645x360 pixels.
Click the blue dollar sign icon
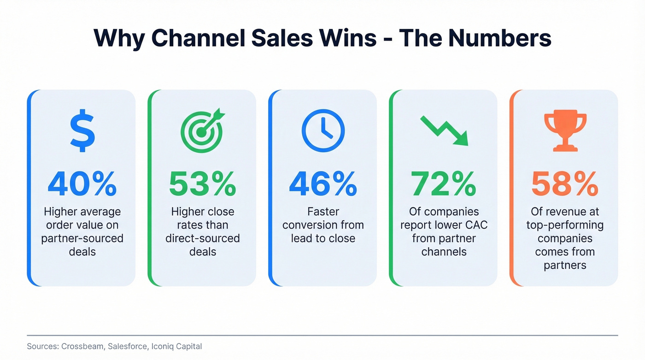(82, 131)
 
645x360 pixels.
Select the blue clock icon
(323, 131)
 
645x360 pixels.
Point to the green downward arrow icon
(444, 131)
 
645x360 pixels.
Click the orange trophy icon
(565, 131)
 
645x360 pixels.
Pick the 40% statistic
(82, 183)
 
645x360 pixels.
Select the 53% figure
(203, 183)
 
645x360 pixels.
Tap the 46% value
(323, 183)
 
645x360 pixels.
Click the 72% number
(444, 183)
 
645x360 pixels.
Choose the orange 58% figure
(565, 183)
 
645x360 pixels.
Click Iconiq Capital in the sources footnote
(179, 346)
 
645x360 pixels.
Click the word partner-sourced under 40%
(82, 238)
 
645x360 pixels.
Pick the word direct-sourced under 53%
(203, 238)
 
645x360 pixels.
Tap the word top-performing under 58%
(565, 225)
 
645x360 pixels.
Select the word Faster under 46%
(323, 212)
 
